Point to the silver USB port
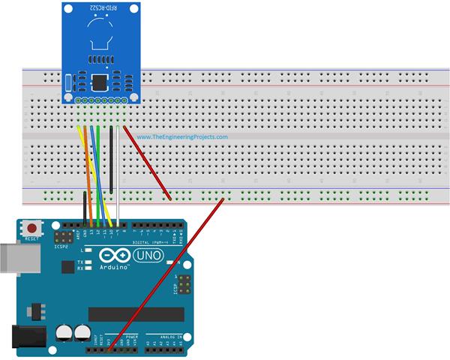(9, 256)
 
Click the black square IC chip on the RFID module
(98, 82)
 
